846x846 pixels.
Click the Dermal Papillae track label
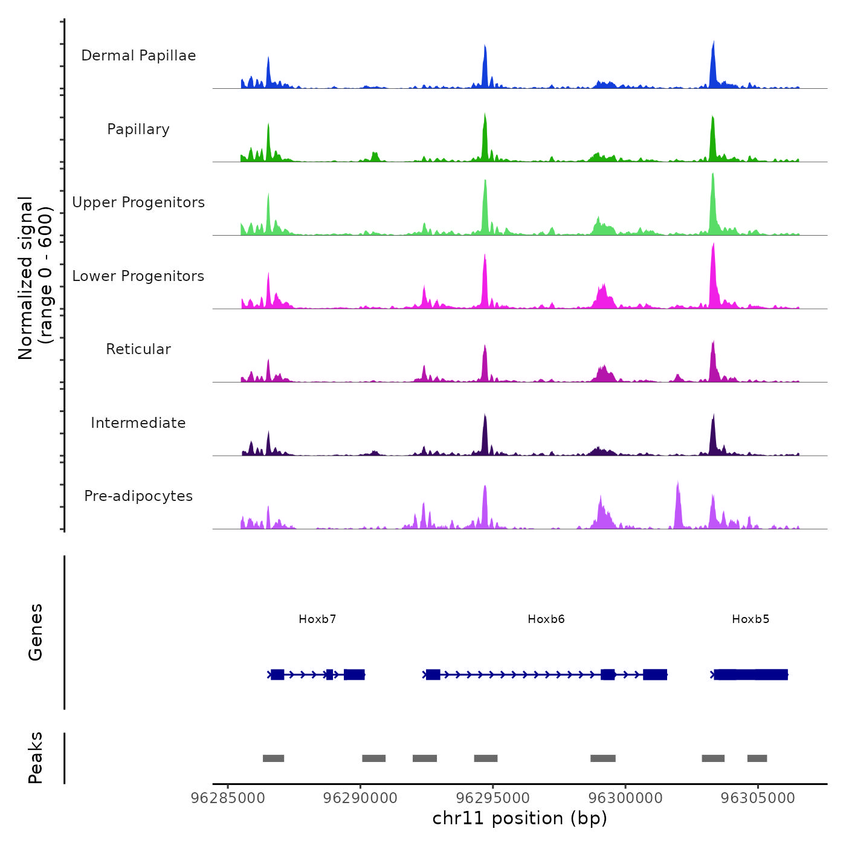[x=138, y=56]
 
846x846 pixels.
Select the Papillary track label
[x=138, y=129]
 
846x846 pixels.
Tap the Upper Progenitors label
[x=138, y=202]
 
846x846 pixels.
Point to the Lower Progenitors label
[x=138, y=276]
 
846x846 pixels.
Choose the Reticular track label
[x=138, y=349]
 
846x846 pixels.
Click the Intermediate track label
[x=138, y=423]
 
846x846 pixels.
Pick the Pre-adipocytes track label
[x=138, y=496]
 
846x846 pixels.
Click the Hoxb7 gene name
[x=317, y=619]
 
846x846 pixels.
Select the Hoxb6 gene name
[x=546, y=619]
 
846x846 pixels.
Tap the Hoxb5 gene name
[x=751, y=619]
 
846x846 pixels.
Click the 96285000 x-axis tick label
[x=228, y=798]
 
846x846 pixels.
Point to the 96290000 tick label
[x=360, y=798]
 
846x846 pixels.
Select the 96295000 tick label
[x=493, y=798]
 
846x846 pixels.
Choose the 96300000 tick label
[x=625, y=798]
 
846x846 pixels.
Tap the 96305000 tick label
[x=758, y=798]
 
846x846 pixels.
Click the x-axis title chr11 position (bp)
[x=520, y=818]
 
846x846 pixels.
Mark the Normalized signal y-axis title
[x=35, y=278]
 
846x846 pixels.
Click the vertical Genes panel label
[x=36, y=632]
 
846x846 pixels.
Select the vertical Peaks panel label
[x=36, y=758]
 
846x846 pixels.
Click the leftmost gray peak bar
[x=273, y=758]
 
